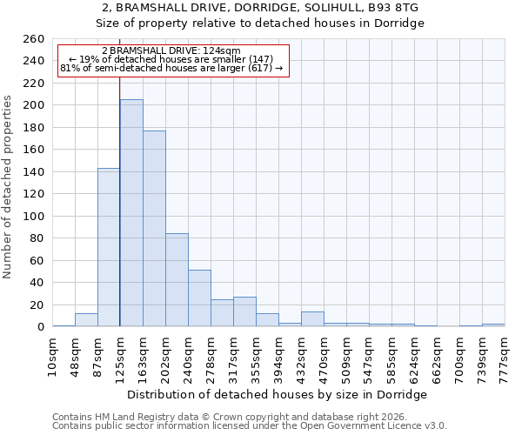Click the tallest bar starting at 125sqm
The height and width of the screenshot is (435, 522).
coord(131,213)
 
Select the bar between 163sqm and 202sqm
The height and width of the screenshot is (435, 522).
coord(154,229)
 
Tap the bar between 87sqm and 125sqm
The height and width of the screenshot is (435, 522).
coord(109,247)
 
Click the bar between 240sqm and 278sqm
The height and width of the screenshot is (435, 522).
coord(199,298)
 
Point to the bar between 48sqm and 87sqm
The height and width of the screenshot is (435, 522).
coord(86,320)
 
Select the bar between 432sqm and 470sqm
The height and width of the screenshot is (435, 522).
coord(312,319)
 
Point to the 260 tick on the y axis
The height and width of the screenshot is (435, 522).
coord(34,39)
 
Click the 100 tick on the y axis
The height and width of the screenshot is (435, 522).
coord(34,216)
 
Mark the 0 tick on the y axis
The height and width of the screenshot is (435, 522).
coord(41,327)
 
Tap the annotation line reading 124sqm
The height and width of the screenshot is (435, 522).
coord(171,51)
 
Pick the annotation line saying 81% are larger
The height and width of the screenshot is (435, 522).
coord(171,68)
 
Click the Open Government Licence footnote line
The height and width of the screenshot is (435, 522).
coord(250,425)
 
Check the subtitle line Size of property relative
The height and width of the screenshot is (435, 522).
coord(260,23)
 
